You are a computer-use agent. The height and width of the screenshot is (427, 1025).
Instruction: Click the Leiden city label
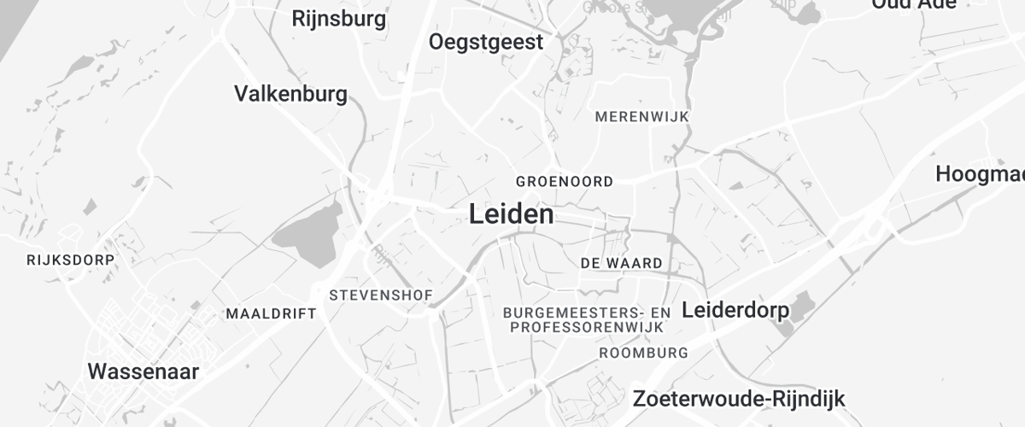pos(511,214)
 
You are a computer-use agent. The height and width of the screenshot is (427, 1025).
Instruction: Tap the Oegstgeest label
pos(486,42)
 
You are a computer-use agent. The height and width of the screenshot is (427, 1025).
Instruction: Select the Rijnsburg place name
pos(339,18)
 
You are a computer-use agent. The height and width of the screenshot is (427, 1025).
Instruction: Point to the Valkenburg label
pos(290,93)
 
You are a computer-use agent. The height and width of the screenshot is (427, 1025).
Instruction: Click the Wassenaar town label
pos(143,371)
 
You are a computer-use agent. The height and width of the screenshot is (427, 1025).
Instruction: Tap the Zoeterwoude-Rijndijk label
pos(739,398)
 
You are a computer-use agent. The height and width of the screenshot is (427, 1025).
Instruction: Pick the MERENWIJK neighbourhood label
pos(642,116)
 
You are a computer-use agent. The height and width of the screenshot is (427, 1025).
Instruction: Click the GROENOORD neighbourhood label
pos(565,182)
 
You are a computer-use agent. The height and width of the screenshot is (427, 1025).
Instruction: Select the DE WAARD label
pos(621,263)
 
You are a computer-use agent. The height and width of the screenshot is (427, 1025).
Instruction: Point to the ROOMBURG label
pos(644,353)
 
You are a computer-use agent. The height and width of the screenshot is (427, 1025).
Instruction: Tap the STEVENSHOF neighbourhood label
pos(381,295)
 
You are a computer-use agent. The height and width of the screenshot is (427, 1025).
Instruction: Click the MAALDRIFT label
pos(271,314)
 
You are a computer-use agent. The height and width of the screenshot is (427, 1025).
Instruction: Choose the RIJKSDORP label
pos(70,259)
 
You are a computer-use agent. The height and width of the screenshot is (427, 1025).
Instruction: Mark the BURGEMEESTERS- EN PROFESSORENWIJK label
pos(588,320)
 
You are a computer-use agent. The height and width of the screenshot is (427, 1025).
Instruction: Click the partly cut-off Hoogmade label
pos(980,174)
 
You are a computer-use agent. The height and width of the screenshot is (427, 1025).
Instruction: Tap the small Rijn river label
pos(381,254)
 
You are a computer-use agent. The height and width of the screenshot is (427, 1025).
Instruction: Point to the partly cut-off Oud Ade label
pos(913,5)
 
